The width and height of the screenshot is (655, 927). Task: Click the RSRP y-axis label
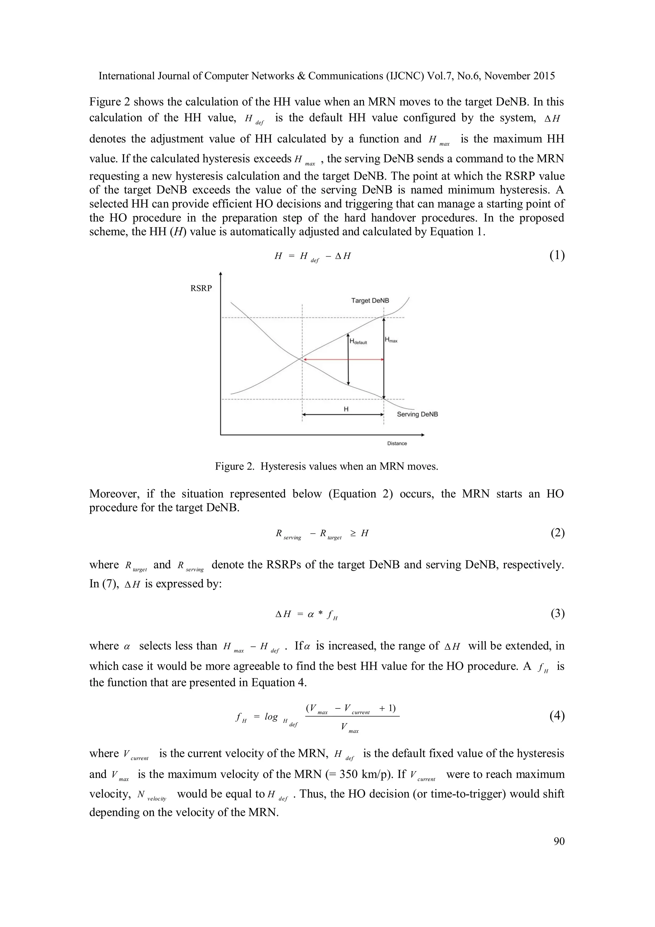201,288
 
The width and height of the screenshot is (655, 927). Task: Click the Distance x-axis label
397,443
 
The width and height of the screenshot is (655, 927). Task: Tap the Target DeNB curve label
370,300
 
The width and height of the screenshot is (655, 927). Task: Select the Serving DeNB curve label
417,414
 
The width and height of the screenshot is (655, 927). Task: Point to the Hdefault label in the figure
358,341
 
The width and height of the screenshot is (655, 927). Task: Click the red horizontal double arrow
343,359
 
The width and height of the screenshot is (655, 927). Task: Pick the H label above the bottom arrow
346,409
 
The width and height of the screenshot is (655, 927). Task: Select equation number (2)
557,533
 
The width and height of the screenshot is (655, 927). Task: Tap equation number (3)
557,614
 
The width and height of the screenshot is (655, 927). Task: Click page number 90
559,841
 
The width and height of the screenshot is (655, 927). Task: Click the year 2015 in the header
544,76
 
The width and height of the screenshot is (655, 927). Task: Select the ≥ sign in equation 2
353,533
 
